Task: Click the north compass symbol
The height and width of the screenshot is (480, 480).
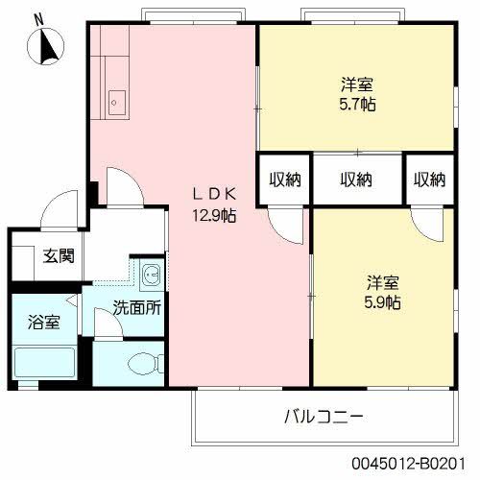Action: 46,46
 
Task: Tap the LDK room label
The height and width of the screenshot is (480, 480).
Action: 214,194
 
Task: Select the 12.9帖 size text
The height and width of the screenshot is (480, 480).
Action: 214,216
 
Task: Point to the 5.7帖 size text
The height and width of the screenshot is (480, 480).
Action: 357,104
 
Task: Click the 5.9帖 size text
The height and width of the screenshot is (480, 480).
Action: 383,301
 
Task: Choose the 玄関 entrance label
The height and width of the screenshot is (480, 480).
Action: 59,256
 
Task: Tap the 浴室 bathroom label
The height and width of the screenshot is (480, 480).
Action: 44,322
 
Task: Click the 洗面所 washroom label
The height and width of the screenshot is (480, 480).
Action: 137,308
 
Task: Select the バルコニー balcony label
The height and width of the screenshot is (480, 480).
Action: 324,417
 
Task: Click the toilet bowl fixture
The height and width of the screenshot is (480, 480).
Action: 146,363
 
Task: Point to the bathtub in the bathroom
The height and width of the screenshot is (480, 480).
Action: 45,362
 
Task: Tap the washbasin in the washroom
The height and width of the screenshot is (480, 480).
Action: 152,275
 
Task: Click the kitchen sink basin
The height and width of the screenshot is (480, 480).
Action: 117,103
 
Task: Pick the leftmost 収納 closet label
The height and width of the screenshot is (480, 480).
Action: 285,180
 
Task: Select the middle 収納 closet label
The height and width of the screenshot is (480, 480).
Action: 356,180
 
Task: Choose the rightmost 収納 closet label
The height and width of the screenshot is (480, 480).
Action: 430,180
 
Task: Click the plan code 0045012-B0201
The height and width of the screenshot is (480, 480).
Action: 408,464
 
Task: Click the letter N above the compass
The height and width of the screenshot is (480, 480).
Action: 39,20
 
